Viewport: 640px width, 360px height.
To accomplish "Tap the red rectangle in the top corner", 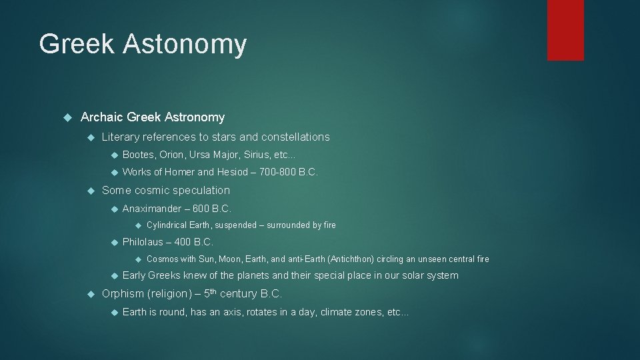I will [565, 30].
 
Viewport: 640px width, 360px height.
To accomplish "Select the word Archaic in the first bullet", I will [102, 117].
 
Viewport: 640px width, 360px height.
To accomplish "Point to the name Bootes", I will [138, 155].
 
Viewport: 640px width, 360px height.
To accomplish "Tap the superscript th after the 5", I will [212, 291].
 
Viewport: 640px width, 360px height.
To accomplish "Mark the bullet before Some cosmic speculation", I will [91, 190].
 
